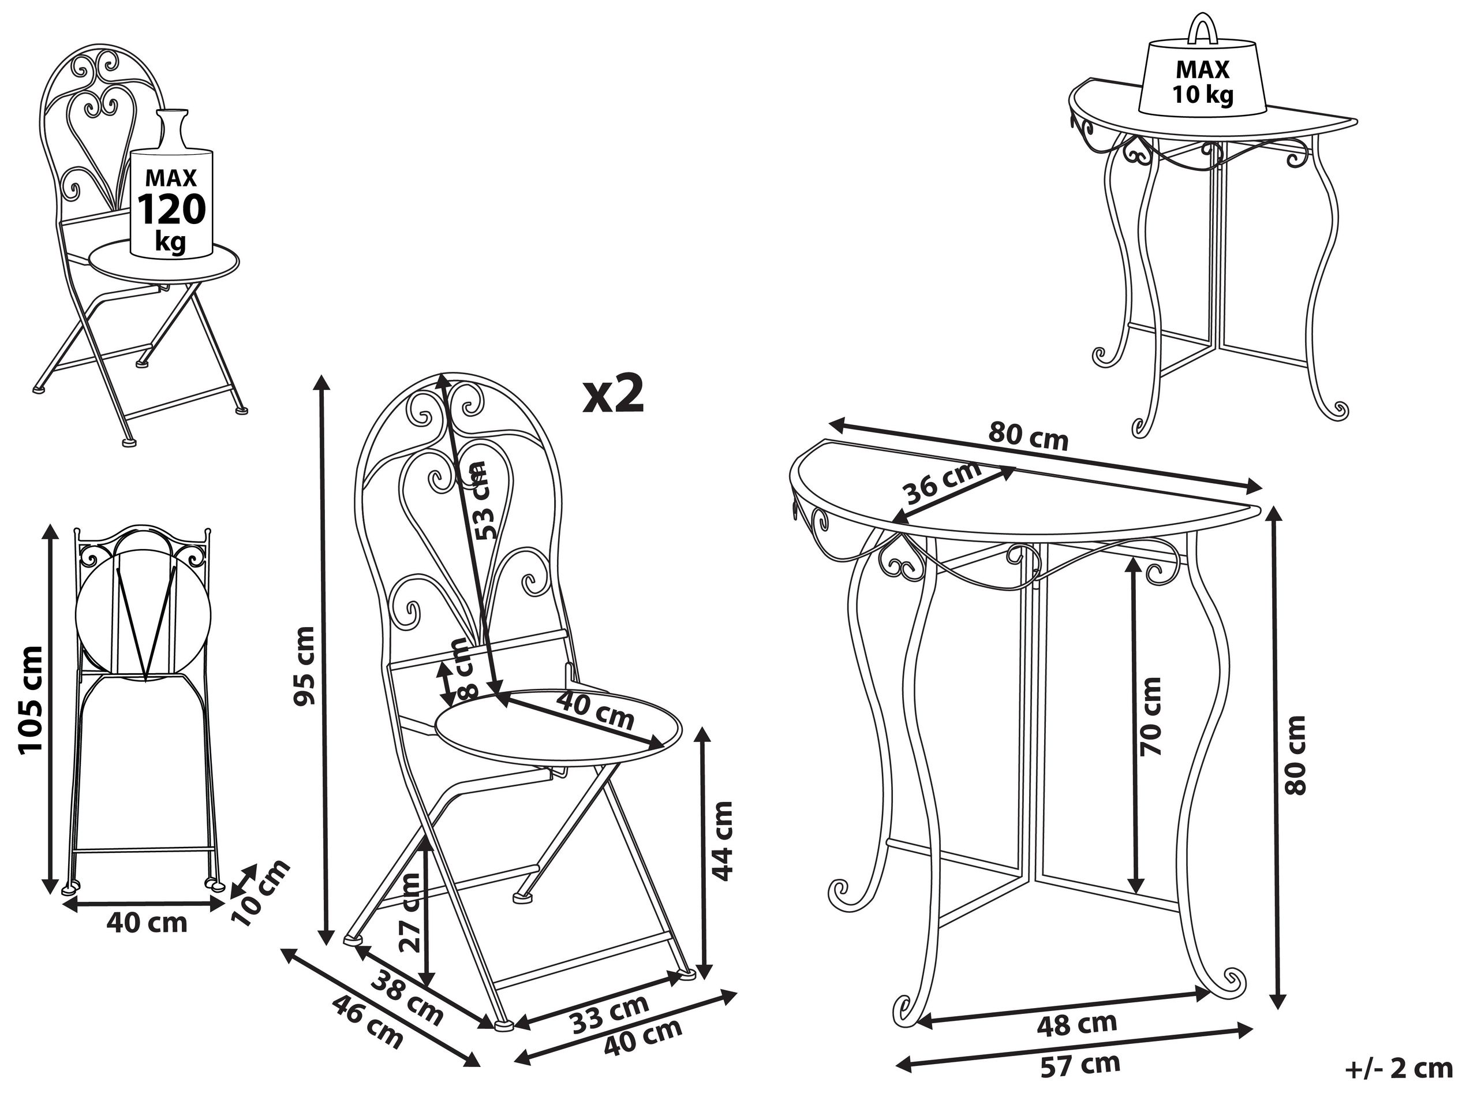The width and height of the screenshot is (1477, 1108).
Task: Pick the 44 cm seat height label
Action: coord(721,841)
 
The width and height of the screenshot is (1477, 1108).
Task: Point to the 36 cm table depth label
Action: coord(941,483)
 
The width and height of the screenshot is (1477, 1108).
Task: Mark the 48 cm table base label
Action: coord(1076,1024)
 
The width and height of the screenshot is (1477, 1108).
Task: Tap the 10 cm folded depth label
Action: coord(260,893)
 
